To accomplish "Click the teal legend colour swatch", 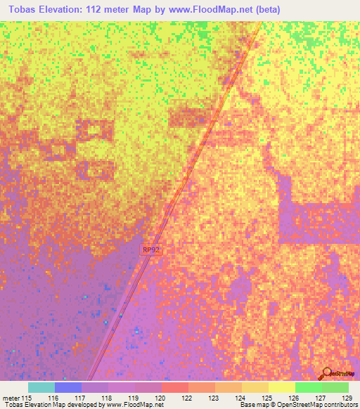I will pos(41,387).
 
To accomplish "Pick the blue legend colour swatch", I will pos(68,387).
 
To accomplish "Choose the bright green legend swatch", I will pos(309,387).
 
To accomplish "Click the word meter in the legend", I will pos(11,398).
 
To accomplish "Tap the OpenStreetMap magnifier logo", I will pos(327,373).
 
